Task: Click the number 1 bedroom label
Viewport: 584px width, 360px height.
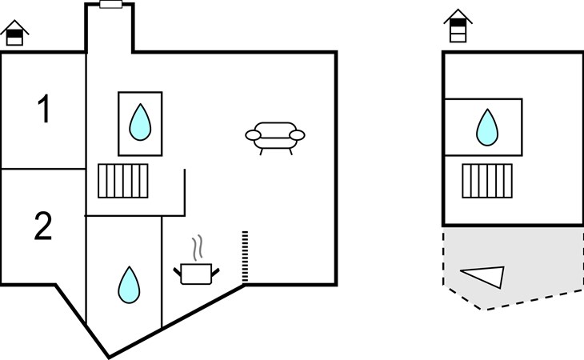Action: click(44, 108)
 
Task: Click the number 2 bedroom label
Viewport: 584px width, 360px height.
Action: click(43, 226)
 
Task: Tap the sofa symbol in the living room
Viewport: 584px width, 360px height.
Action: click(275, 138)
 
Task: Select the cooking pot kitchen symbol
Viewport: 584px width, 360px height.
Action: click(196, 274)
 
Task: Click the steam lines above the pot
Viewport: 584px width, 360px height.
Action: click(198, 247)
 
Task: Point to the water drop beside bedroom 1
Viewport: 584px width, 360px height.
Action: click(140, 122)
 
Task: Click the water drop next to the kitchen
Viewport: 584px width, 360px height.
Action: click(129, 285)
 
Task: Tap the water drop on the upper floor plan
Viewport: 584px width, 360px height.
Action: click(487, 127)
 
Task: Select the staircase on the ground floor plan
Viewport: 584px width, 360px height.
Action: click(123, 181)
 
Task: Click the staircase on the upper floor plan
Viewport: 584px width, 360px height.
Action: click(487, 181)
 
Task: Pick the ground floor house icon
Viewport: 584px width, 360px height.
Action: click(14, 33)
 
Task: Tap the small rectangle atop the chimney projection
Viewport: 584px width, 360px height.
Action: click(111, 5)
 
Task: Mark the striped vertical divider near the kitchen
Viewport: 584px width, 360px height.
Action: click(245, 257)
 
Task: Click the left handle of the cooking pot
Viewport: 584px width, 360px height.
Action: click(178, 272)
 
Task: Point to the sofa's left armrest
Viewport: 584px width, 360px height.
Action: click(253, 135)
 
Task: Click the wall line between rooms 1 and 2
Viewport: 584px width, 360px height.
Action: click(43, 169)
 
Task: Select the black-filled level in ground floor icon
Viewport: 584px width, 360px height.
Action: click(14, 34)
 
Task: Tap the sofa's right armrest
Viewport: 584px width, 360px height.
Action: click(298, 135)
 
